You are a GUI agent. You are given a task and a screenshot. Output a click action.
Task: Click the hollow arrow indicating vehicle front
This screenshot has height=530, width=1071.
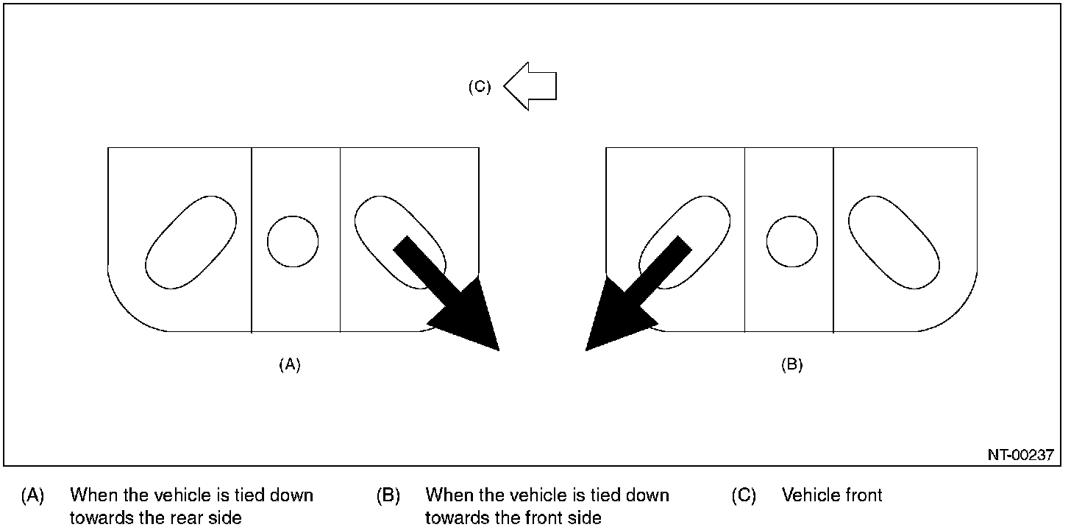[x=531, y=86]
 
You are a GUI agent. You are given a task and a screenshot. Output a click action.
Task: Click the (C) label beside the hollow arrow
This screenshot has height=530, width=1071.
[x=480, y=86]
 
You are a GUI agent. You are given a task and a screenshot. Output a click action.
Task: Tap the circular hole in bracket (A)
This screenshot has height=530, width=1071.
[x=293, y=241]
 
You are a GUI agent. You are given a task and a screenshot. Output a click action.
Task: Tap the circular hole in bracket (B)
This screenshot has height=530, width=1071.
[x=791, y=241]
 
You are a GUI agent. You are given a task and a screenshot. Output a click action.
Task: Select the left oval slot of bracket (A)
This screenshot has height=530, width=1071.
[x=191, y=241]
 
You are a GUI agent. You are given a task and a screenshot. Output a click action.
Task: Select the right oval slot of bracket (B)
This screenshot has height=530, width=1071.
[x=894, y=241]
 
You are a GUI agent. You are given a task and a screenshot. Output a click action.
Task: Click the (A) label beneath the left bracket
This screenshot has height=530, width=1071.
[x=290, y=364]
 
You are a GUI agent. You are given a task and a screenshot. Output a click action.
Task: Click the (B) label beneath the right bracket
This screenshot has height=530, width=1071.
[x=791, y=364]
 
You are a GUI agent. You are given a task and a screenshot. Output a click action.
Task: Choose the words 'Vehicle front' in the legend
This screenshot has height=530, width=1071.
[x=832, y=495]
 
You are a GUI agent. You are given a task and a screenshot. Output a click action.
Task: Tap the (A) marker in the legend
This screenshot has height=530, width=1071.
[x=32, y=495]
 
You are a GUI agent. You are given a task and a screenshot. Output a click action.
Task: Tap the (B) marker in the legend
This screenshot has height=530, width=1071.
[x=388, y=495]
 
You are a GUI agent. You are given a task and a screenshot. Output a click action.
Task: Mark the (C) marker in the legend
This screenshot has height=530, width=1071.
[x=744, y=495]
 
